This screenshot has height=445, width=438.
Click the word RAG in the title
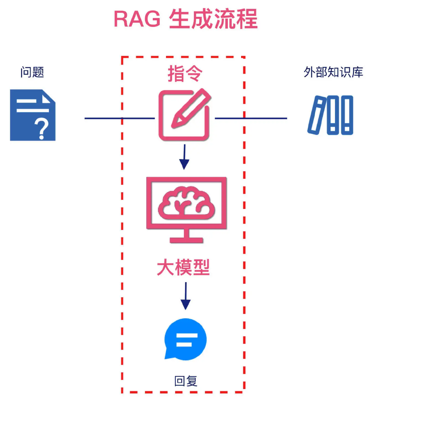137,19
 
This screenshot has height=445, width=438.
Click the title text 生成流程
213,19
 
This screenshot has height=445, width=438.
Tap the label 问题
32,72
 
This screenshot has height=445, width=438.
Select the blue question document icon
32,115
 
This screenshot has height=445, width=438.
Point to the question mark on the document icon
42,129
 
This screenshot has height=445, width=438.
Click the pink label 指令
185,74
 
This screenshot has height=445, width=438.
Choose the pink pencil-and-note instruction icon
184,115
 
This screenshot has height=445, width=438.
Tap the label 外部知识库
333,72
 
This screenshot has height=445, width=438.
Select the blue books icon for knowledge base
331,115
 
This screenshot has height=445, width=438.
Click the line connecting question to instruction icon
120,118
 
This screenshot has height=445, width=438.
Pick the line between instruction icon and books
250,118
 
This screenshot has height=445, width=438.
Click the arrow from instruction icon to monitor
184,157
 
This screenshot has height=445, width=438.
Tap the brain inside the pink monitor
186,204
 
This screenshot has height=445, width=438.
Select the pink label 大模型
183,267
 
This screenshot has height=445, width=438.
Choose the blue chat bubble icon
186,339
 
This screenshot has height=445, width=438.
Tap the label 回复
186,381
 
